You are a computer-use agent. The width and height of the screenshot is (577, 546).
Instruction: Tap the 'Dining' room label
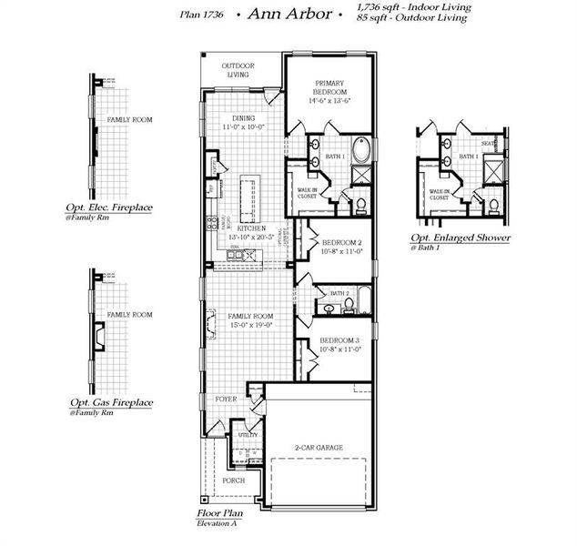(x=243, y=118)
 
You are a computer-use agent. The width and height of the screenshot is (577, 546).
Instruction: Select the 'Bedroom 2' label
(x=341, y=243)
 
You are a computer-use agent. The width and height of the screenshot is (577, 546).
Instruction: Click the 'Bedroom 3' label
(x=341, y=339)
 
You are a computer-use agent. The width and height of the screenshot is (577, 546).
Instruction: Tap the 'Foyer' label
(x=226, y=399)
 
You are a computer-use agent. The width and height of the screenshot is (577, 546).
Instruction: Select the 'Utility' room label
(x=248, y=435)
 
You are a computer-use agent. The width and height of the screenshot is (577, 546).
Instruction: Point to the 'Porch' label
(x=234, y=480)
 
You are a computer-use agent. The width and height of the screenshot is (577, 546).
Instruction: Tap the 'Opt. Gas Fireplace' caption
(x=111, y=401)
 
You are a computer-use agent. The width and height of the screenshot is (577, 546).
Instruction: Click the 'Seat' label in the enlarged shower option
(x=489, y=144)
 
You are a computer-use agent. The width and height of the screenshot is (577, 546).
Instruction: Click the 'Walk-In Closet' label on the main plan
(x=307, y=193)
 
